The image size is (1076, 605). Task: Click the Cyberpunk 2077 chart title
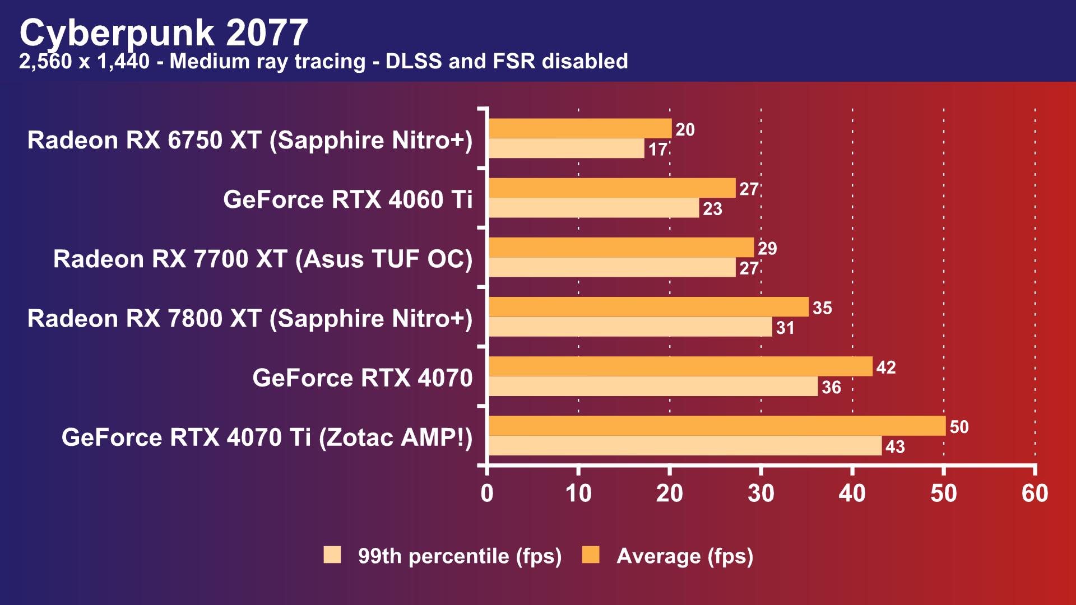pos(164,32)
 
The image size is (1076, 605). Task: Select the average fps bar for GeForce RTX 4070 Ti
pos(717,426)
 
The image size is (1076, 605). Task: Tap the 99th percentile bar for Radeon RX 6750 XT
pos(566,148)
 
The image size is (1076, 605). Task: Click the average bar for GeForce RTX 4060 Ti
pos(612,188)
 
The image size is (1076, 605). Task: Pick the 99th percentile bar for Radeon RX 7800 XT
pos(630,327)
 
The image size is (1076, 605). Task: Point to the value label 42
pos(886,367)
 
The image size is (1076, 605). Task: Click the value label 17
pos(658,150)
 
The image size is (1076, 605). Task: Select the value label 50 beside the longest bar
pos(959,427)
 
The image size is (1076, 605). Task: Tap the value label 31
pos(785,328)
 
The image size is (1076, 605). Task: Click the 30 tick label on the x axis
pos(760,494)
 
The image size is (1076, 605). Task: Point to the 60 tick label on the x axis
pos(1035,494)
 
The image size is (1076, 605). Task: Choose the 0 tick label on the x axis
pos(487,494)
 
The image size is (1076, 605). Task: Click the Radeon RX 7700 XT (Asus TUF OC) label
pos(263,259)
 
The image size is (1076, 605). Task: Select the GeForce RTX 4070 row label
pos(362,378)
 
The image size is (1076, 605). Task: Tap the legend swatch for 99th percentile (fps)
pos(332,555)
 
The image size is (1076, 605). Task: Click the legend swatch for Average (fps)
pos(591,555)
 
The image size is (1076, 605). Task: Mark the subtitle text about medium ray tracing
pos(323,61)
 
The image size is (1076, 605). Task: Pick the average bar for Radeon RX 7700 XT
pos(621,248)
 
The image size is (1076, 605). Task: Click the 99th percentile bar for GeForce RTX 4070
pos(653,387)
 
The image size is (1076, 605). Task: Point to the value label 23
pos(712,209)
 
